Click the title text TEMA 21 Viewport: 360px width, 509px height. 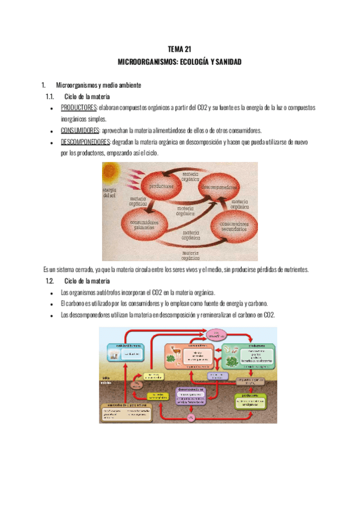coord(179,50)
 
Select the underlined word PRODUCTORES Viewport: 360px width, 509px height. coord(79,107)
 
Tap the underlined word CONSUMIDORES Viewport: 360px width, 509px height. coord(80,130)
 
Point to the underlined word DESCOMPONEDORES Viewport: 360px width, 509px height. coord(84,142)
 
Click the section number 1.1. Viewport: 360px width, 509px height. coord(50,96)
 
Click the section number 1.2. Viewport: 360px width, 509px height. coord(50,281)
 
